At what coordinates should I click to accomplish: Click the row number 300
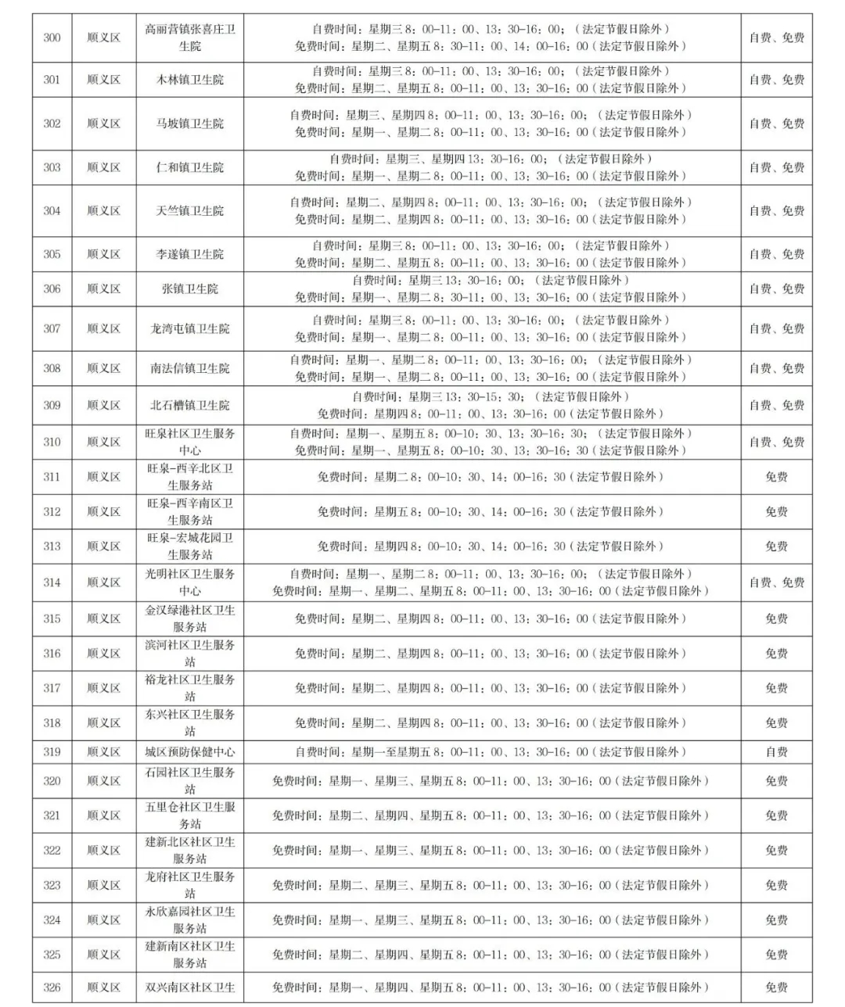coord(52,38)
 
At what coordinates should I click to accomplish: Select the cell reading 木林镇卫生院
coord(190,80)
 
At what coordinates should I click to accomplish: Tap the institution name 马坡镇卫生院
coord(190,124)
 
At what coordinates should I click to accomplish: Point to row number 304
coord(52,211)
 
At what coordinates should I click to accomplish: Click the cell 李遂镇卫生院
coord(190,254)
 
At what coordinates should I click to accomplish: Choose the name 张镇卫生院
coord(190,289)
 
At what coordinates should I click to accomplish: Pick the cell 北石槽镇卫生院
coord(190,406)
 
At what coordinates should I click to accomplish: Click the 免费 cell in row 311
coord(776,477)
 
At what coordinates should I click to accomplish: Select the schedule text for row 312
coord(490,512)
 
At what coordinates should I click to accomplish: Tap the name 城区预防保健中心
coord(190,752)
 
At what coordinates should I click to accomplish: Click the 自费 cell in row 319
coord(776,752)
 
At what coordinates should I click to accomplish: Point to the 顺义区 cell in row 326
coord(103,987)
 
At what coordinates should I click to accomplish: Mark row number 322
coord(52,851)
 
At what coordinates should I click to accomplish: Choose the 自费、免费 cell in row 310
coord(776,443)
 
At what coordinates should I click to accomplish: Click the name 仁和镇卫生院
coord(190,167)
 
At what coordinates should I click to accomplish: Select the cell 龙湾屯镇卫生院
coord(190,329)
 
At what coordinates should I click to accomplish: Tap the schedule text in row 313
coord(490,547)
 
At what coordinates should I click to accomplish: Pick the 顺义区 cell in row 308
coord(103,368)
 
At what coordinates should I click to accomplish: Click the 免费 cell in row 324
coord(776,920)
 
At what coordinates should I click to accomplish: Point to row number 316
coord(52,654)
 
